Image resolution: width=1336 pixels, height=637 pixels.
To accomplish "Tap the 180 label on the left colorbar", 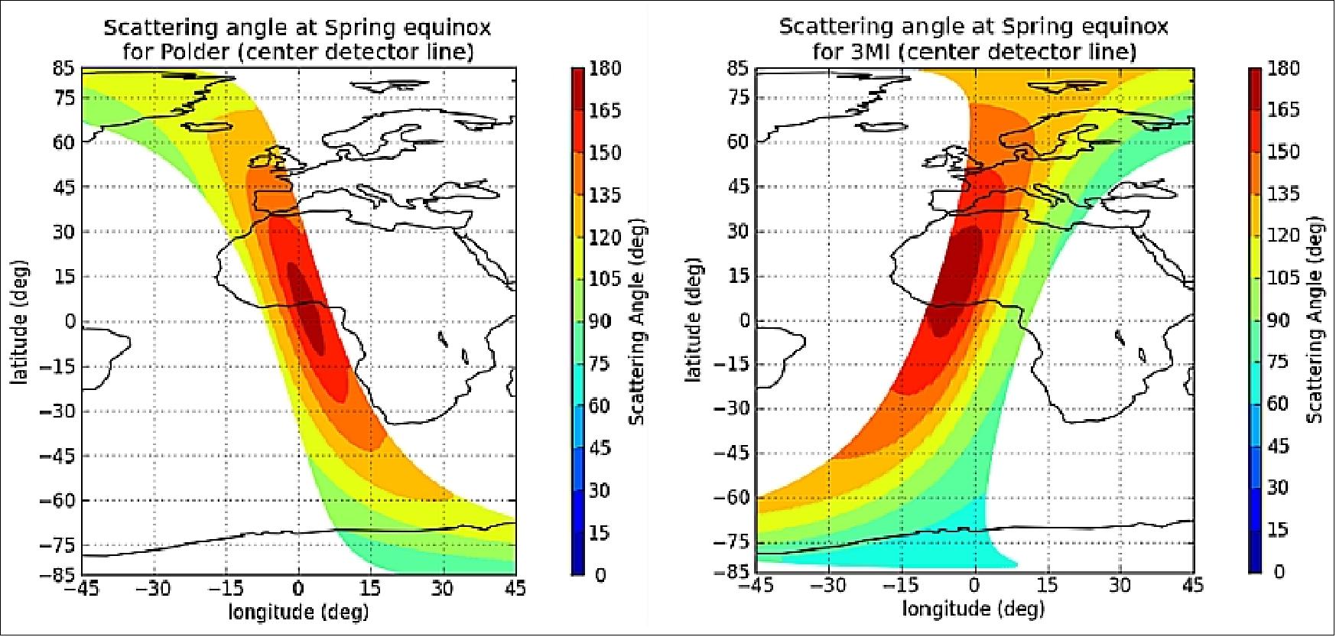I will coord(606,69).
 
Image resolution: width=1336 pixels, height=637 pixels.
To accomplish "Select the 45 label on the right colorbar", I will coord(1278,446).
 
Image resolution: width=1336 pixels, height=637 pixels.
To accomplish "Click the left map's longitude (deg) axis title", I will coord(298,612).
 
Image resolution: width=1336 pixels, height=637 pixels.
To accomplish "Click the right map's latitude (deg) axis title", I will coord(694,322).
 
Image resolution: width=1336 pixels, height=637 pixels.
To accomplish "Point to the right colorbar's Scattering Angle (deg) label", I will coord(1315,320).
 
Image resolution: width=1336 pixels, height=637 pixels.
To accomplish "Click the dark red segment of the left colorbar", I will coord(579,89).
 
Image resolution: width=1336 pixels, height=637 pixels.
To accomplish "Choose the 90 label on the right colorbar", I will coord(1278,320).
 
